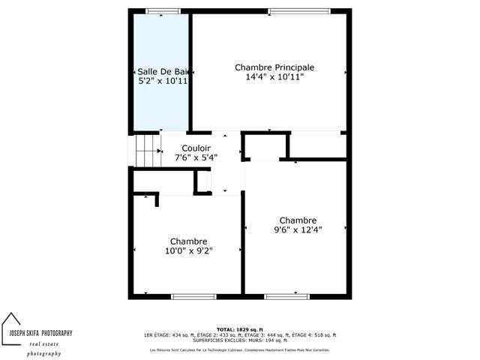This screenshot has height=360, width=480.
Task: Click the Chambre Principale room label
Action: pos(274,67)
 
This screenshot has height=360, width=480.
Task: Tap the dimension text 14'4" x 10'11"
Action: pos(274,77)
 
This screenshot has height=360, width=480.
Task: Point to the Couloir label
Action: pos(196,148)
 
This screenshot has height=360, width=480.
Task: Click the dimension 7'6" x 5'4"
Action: pos(196,158)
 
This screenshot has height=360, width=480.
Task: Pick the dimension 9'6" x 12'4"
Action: pos(295,230)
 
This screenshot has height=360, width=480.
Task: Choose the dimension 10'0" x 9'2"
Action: pos(188,251)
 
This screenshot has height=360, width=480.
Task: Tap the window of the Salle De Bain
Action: pos(163,10)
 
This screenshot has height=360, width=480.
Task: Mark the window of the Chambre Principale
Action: pos(298,10)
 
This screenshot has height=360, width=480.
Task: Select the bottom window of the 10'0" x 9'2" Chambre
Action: pos(194,296)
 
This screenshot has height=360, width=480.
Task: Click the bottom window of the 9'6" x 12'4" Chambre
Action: pos(287,296)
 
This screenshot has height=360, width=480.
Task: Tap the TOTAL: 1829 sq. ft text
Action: pos(239,330)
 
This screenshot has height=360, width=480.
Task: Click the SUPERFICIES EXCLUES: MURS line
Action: pos(239,340)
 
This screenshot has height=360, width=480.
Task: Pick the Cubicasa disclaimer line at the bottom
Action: pos(239,350)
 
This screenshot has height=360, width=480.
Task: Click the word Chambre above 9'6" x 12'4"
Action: pos(295,220)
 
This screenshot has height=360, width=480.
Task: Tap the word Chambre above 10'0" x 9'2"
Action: pos(188,241)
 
